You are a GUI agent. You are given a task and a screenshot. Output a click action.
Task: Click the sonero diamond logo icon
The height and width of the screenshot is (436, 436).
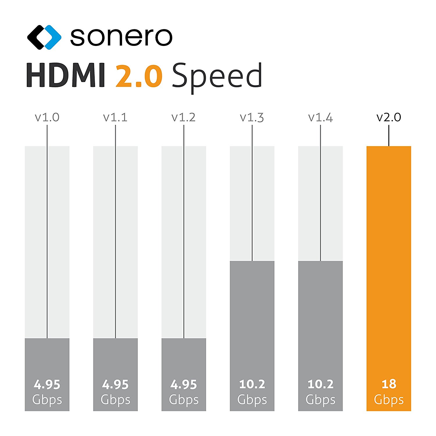pos(44,37)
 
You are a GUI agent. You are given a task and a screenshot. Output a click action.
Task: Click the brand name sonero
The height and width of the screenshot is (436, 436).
pos(121,37)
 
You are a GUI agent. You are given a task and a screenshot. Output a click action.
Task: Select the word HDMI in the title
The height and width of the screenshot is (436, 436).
pos(66,76)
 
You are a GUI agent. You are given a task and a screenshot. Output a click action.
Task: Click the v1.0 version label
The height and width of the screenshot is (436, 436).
pos(47,117)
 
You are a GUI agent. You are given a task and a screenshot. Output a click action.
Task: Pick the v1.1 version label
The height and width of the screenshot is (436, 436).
pos(115,117)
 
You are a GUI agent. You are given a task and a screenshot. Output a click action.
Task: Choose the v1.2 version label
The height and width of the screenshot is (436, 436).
pos(184,117)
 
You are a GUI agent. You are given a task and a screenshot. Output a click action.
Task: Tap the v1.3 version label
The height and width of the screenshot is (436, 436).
pos(252,117)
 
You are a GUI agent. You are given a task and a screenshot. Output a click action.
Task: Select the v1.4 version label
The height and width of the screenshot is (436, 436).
pos(320,117)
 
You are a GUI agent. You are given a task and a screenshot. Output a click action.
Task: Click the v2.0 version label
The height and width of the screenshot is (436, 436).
pos(389,117)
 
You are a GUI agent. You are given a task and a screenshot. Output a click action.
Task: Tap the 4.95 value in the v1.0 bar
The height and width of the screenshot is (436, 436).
pos(47,385)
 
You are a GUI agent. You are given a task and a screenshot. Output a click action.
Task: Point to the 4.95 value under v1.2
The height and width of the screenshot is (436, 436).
pos(184,385)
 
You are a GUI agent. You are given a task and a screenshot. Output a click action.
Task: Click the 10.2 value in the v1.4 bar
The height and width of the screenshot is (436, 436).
pos(320,384)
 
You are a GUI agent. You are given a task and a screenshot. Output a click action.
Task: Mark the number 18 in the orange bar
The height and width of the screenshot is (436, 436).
pos(389,384)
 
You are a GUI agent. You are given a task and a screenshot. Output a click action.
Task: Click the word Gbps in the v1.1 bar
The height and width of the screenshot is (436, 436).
pos(115,400)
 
